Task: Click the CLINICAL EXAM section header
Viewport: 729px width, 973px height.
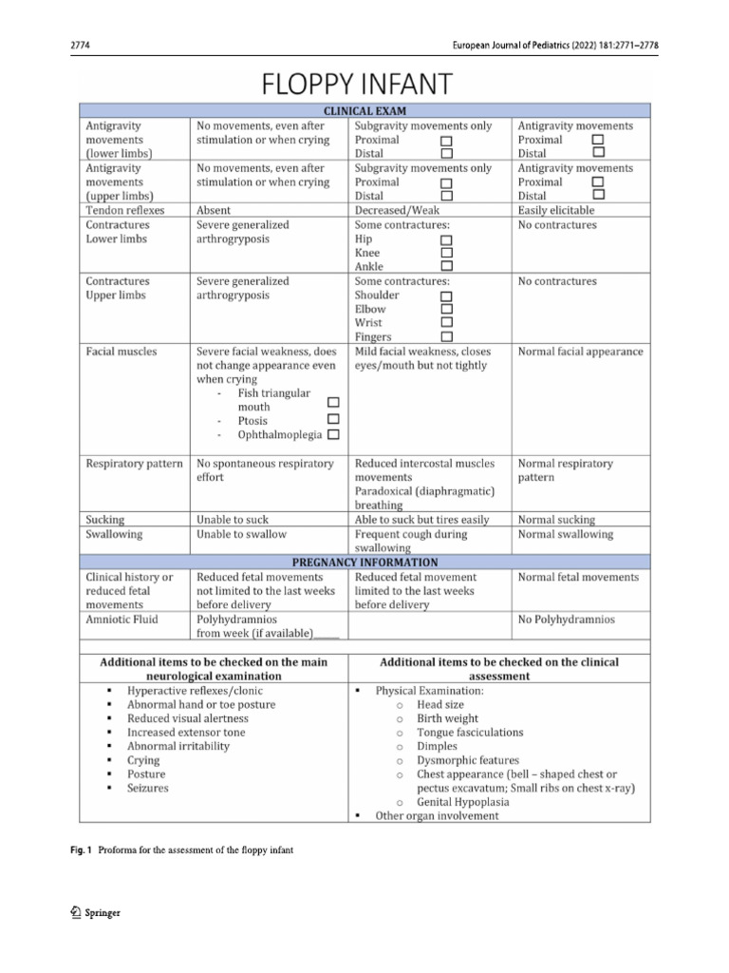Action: click(x=364, y=111)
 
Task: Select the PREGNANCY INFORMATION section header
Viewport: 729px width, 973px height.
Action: click(x=364, y=562)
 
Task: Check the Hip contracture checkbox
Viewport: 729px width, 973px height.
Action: click(x=447, y=239)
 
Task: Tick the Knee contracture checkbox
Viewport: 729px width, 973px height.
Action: click(x=447, y=253)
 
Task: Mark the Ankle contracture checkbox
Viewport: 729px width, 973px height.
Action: click(x=447, y=267)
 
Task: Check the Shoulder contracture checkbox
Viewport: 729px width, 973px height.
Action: click(x=447, y=296)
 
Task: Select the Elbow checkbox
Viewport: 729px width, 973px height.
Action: click(x=447, y=309)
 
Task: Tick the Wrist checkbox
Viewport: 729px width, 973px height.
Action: click(x=447, y=323)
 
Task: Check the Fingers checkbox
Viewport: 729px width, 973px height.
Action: click(x=447, y=336)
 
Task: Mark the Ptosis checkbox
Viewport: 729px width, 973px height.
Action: click(x=333, y=420)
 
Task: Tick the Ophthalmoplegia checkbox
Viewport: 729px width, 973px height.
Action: click(x=333, y=435)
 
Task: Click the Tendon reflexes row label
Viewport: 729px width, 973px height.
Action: click(x=124, y=210)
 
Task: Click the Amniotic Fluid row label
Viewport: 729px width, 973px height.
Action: click(x=122, y=620)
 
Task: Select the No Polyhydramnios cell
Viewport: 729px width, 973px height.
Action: click(x=566, y=620)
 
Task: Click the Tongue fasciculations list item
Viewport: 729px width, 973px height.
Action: click(x=469, y=733)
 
